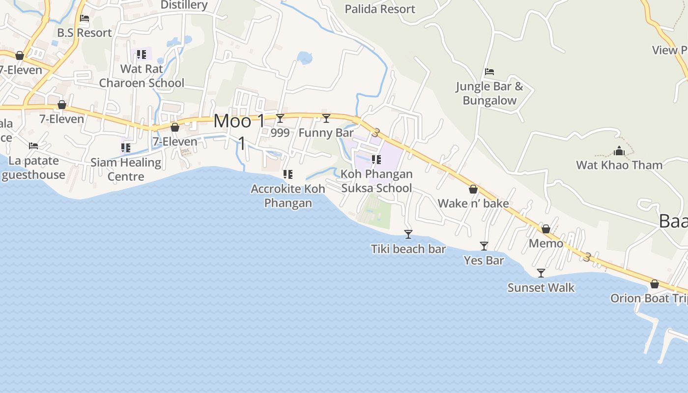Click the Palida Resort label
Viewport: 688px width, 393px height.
[x=380, y=9]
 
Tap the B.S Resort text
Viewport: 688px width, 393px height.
[x=85, y=33]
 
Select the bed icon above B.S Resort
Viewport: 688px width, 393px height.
[x=85, y=18]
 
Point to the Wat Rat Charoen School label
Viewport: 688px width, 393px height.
[x=142, y=76]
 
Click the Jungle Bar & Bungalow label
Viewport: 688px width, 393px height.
[x=489, y=93]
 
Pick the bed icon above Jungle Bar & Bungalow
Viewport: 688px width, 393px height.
[x=489, y=72]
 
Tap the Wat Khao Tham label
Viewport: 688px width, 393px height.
[x=619, y=165]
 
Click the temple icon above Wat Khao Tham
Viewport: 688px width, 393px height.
[x=619, y=151]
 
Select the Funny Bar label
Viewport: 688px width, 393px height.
[x=326, y=133]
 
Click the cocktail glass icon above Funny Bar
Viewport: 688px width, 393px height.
[x=326, y=118]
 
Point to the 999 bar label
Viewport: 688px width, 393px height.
[x=280, y=133]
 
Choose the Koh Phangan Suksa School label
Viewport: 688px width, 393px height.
[x=376, y=181]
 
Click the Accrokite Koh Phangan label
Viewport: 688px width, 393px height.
[x=288, y=196]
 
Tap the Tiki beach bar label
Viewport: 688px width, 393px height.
[x=408, y=249]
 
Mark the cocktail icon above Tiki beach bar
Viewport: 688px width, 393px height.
[x=408, y=234]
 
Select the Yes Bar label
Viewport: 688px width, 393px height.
[x=484, y=260]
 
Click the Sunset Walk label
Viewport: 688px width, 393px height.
[x=541, y=287]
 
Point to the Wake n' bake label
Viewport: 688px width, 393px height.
[x=473, y=203]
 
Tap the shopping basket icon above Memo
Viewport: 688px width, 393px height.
[x=546, y=229]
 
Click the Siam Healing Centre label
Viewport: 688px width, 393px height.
[x=126, y=169]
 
